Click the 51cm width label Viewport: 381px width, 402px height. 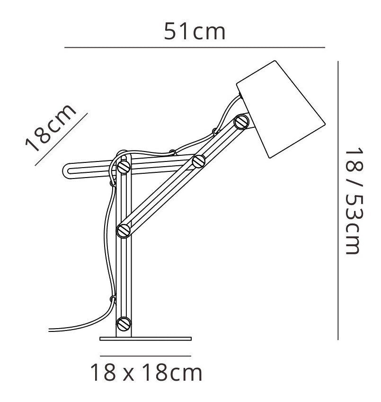pyautogui.click(x=195, y=31)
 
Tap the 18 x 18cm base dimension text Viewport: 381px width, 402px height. pyautogui.click(x=146, y=373)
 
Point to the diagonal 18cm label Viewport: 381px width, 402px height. pyautogui.click(x=51, y=128)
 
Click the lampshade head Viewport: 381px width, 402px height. pyautogui.click(x=281, y=109)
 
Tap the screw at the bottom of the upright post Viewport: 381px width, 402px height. pyautogui.click(x=124, y=324)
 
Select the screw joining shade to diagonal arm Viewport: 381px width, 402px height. pyautogui.click(x=241, y=122)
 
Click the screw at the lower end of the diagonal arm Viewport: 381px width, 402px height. pyautogui.click(x=124, y=231)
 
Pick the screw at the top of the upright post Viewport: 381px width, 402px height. pyautogui.click(x=124, y=167)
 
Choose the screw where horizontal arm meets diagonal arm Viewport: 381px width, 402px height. pyautogui.click(x=199, y=161)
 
